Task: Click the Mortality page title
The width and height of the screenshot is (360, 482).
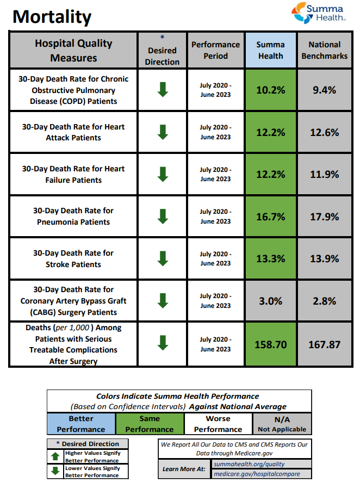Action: coord(52,17)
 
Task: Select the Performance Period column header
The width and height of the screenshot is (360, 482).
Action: coord(215,50)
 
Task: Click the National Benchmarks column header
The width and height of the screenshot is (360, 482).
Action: coord(324,50)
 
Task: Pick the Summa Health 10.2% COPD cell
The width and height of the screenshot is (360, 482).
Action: coord(270,90)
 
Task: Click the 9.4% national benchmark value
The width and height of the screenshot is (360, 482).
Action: coord(324,90)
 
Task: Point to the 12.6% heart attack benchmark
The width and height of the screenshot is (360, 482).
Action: coord(324,132)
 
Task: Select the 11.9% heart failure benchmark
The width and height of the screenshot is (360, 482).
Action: coord(324,174)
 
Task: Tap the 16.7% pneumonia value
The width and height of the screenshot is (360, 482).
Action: coord(270,217)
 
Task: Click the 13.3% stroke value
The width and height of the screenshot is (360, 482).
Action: coord(270,258)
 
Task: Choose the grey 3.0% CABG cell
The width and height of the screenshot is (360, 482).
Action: coord(270,301)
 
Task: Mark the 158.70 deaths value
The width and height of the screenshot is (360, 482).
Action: coord(270,344)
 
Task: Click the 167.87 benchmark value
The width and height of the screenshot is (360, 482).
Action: coord(324,344)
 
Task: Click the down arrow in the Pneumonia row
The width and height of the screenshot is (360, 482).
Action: coord(162,216)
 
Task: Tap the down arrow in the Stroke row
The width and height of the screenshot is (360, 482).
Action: coord(162,258)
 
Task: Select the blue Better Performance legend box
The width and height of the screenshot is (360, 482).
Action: coord(81,424)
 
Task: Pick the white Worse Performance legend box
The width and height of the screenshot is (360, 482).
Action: coord(218,424)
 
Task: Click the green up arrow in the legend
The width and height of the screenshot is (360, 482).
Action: coord(55,456)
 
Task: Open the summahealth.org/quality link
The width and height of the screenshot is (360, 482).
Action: coord(249,464)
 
